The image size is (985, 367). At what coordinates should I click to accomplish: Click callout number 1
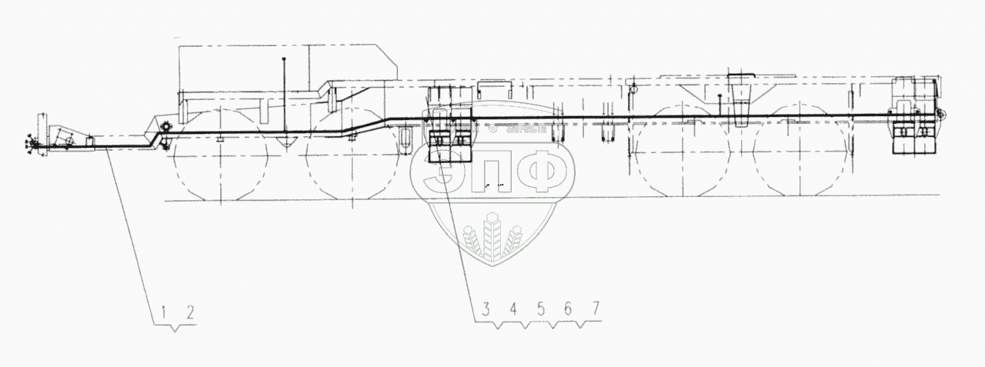point(165,312)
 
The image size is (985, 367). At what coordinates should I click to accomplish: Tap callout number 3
point(486,309)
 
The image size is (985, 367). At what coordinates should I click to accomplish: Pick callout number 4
point(513,309)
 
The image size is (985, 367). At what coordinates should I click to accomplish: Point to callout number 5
point(540,309)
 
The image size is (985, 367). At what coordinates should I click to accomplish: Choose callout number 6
point(567,309)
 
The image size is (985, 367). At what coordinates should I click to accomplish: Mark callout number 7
point(594,309)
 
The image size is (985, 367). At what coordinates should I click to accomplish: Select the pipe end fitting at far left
point(32,143)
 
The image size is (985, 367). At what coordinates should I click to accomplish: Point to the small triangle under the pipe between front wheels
point(287,142)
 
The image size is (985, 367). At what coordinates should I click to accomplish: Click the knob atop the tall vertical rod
point(285,58)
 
